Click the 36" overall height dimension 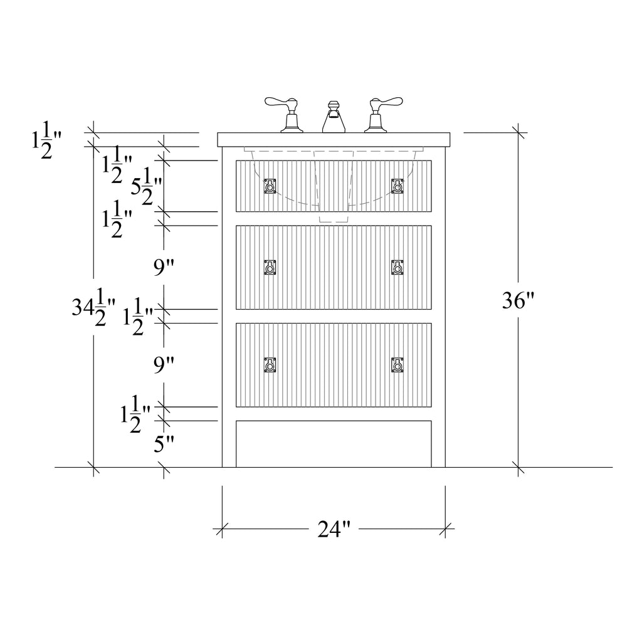point(518,301)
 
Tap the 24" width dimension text point(334,529)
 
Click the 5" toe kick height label point(164,444)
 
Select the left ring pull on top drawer point(270,186)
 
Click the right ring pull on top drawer point(397,186)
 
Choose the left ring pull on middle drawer point(270,267)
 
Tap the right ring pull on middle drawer point(397,267)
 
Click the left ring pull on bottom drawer point(270,365)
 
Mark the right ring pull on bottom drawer point(397,365)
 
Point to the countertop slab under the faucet point(334,140)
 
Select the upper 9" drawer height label point(164,267)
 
